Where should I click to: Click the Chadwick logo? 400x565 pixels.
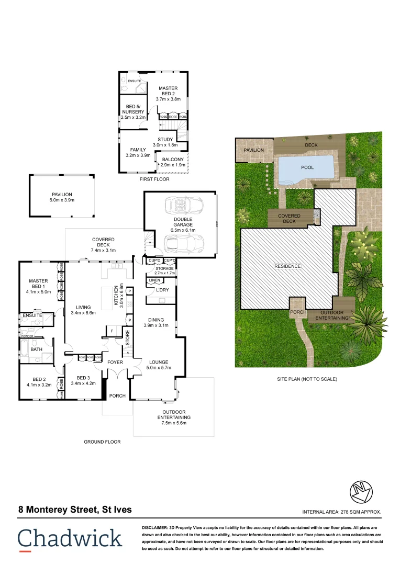pos(70,539)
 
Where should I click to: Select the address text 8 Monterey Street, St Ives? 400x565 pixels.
pos(75,509)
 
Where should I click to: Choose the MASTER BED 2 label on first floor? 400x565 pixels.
pos(168,93)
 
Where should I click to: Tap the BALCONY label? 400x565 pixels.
pos(173,160)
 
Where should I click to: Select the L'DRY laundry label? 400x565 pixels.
pos(162,290)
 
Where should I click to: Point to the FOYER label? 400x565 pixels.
pos(115,362)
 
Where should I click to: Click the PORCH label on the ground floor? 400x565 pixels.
pos(117,395)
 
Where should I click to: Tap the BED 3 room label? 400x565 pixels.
pos(84,378)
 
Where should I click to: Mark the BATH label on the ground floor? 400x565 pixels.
pos(36,349)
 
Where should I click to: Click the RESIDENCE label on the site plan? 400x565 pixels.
pos(288,266)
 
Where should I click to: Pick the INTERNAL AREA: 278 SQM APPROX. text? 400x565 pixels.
pos(341,512)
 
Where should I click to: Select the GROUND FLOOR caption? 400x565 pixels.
pos(102,442)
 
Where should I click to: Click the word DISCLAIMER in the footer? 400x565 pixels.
pos(159,528)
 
